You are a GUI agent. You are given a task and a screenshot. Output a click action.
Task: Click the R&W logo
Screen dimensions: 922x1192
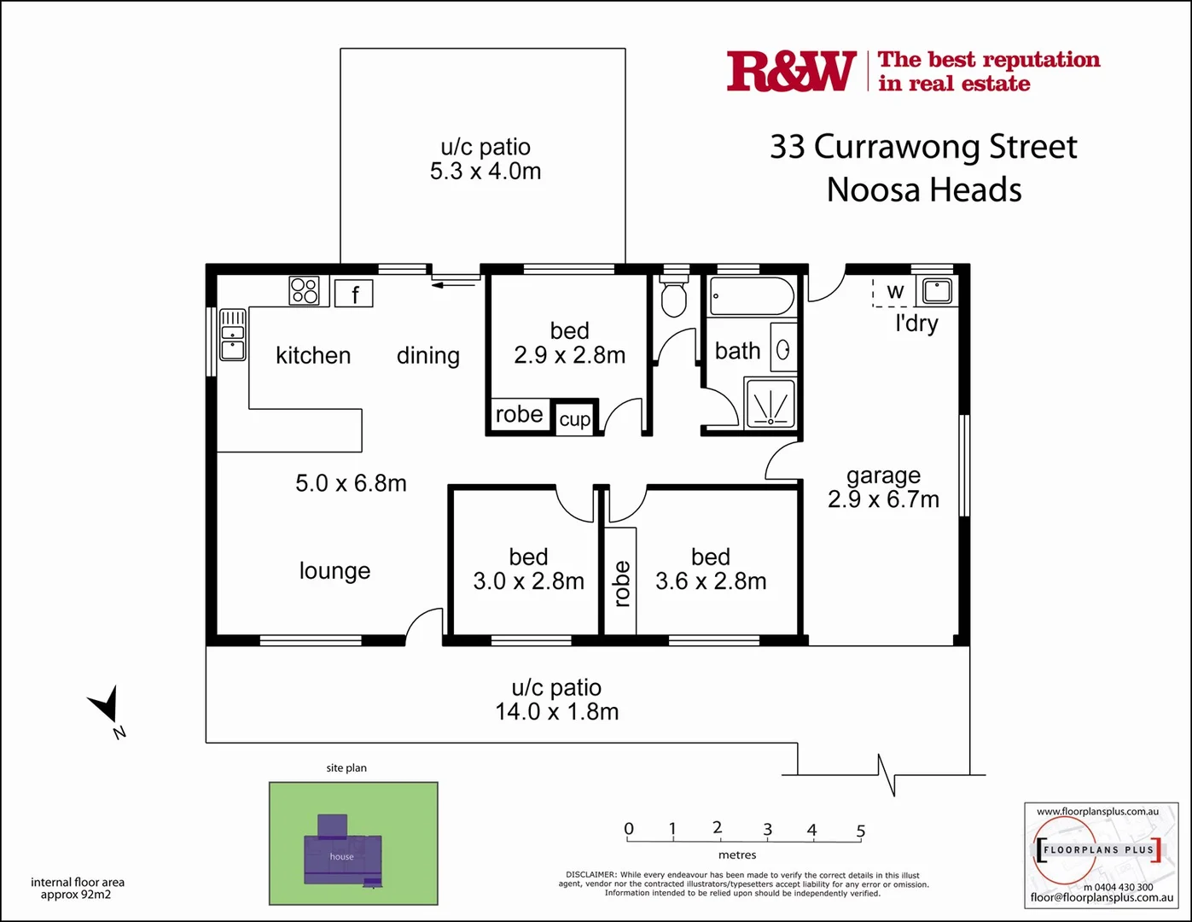791,71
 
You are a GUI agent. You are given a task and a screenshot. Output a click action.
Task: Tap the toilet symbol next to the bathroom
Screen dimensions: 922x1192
674,295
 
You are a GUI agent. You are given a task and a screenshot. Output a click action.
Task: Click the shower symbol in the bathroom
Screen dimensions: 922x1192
770,404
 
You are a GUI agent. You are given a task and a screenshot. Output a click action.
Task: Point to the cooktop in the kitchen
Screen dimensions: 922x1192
304,290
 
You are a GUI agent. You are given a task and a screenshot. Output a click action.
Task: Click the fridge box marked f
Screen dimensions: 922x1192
354,294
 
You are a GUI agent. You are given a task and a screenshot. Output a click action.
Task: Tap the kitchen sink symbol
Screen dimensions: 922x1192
233,334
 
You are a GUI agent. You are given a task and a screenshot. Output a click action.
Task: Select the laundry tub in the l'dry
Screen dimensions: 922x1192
937,290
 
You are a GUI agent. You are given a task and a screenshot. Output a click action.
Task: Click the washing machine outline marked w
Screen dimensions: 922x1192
894,292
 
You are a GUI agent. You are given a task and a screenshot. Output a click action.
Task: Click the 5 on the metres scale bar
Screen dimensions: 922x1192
861,831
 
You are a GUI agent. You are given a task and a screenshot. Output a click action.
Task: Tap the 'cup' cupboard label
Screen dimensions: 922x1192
574,419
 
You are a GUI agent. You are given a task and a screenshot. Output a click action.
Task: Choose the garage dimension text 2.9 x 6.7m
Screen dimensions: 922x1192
883,499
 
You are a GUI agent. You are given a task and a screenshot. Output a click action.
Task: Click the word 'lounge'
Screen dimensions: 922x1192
334,570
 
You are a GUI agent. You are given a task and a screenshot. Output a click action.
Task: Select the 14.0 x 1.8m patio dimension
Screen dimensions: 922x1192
557,711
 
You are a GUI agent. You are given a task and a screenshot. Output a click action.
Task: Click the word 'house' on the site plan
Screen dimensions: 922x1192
341,856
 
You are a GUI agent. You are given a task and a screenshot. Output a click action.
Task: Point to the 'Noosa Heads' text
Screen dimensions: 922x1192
924,190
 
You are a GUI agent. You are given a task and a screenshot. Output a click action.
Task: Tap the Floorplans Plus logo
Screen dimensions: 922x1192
1099,850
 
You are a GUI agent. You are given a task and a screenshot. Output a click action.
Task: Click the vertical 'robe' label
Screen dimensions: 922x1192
622,583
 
